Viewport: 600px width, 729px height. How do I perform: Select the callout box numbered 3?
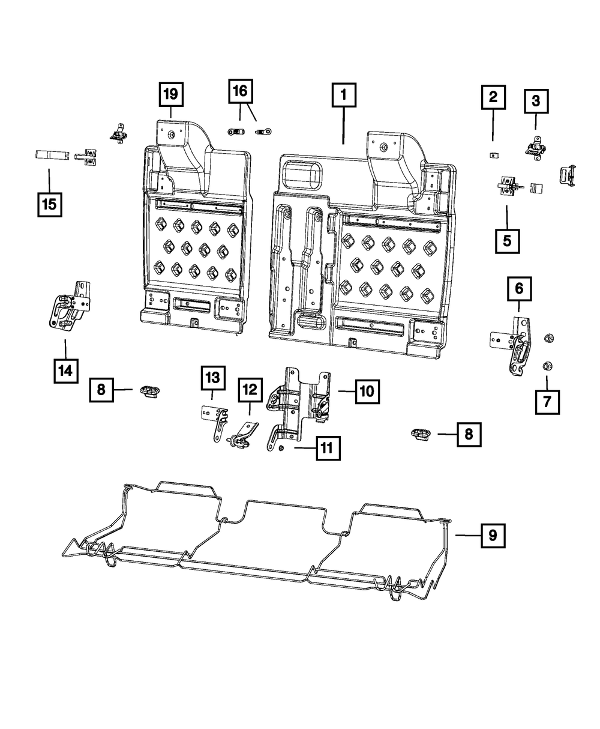click(x=536, y=101)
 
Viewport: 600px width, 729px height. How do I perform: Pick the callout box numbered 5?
click(x=507, y=241)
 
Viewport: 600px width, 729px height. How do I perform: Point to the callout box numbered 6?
click(x=519, y=289)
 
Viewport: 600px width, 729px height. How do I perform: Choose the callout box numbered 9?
click(x=493, y=534)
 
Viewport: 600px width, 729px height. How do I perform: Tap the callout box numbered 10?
click(x=367, y=392)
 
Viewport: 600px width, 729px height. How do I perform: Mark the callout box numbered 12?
click(x=250, y=390)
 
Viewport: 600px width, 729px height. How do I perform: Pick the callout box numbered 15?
click(x=49, y=204)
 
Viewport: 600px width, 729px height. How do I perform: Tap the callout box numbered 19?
click(x=171, y=94)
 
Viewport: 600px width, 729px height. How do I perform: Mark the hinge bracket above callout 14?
click(x=69, y=305)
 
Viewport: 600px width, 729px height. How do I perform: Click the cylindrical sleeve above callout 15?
click(x=49, y=155)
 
